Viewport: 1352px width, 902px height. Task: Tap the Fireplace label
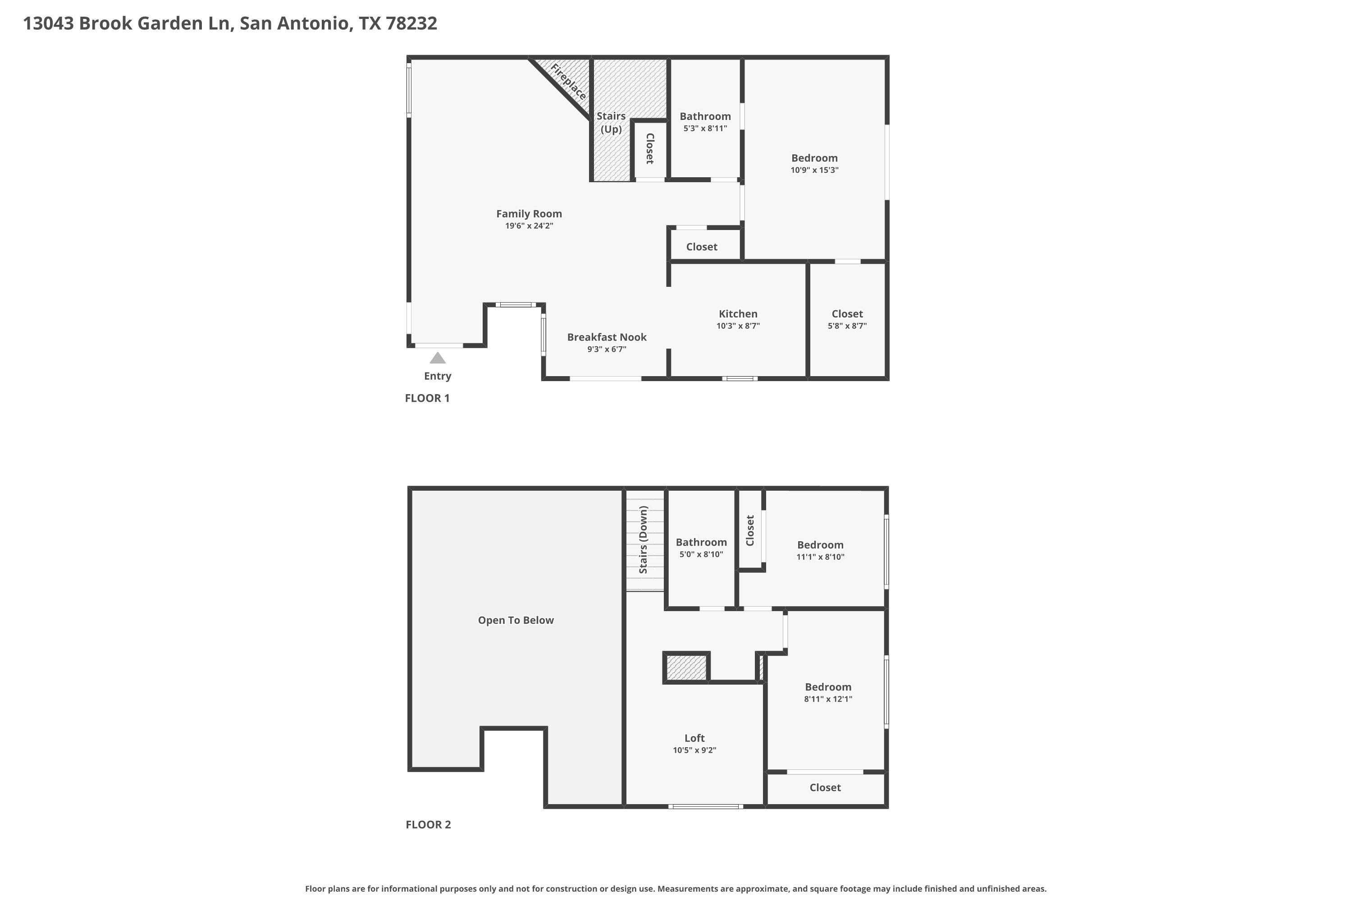click(x=568, y=81)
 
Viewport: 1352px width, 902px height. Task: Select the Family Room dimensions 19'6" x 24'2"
click(x=529, y=225)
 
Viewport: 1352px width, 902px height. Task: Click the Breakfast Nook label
click(x=607, y=337)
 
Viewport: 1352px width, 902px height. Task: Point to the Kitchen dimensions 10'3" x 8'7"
click(x=738, y=326)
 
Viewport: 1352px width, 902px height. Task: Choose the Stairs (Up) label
click(x=611, y=123)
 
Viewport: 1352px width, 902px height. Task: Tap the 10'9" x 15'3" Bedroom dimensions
click(x=814, y=170)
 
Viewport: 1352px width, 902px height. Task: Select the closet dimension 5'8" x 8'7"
click(x=847, y=326)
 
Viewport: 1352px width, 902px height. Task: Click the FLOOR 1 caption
click(x=427, y=398)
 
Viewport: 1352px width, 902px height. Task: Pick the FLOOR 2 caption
click(x=428, y=824)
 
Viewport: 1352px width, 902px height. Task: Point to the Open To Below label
click(x=516, y=620)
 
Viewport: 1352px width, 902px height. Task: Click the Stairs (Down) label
click(x=643, y=539)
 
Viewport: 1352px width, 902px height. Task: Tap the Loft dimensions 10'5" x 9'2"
click(x=694, y=750)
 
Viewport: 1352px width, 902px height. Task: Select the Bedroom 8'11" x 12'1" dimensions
click(x=828, y=699)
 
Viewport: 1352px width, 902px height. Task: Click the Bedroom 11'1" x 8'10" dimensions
click(x=820, y=557)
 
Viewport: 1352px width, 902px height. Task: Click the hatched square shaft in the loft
click(x=686, y=668)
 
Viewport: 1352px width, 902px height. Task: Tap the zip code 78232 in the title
click(x=411, y=23)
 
